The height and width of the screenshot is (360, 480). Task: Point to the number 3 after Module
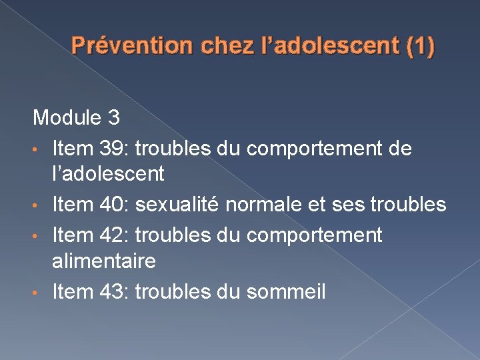113,119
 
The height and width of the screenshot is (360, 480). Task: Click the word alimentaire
104,261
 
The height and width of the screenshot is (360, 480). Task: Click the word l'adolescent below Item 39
108,175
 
